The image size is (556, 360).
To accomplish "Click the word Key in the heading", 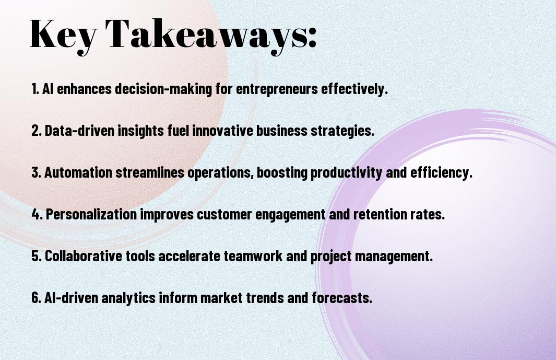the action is pyautogui.click(x=63, y=36).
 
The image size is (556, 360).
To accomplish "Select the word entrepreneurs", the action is pyautogui.click(x=277, y=89).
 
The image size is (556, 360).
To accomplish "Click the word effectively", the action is pyautogui.click(x=354, y=88).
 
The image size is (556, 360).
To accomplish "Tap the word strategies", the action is pyautogui.click(x=342, y=131).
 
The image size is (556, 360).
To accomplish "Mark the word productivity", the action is pyautogui.click(x=347, y=173).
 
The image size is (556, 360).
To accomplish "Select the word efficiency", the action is pyautogui.click(x=442, y=173).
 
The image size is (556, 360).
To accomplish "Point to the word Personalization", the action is pyautogui.click(x=91, y=214).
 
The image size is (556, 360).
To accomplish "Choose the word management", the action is pyautogui.click(x=394, y=257).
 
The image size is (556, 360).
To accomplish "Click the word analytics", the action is pyautogui.click(x=128, y=298).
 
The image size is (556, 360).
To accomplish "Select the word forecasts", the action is pyautogui.click(x=342, y=297).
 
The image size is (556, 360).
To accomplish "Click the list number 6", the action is pyautogui.click(x=36, y=297).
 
